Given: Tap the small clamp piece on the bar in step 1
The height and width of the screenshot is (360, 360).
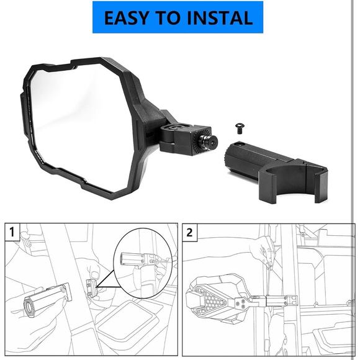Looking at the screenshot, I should coord(90,287).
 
